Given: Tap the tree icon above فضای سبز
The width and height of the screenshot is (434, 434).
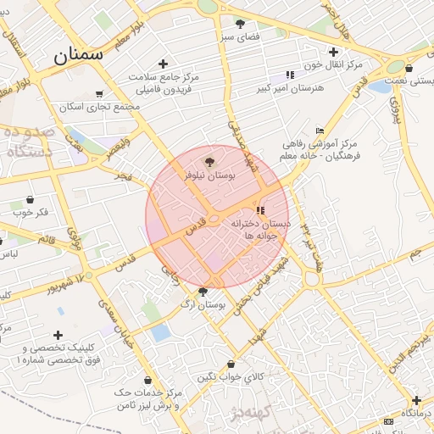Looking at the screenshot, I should tap(240, 24).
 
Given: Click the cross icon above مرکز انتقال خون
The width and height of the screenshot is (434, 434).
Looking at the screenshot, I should tap(334, 52).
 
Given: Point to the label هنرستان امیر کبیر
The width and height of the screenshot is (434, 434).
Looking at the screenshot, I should tap(291, 87).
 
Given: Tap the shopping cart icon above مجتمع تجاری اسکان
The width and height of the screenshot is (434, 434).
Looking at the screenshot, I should tap(99, 94).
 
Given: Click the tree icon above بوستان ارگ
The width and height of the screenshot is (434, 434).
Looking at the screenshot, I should tap(202, 292).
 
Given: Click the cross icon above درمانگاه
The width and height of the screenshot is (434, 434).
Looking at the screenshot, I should tap(416, 400).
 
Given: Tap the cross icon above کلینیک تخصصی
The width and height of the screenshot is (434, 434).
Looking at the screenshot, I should tap(58, 335).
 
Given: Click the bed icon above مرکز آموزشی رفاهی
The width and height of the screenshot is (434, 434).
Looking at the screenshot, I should tap(319, 131).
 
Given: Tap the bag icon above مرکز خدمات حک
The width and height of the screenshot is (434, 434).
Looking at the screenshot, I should tap(148, 381).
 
